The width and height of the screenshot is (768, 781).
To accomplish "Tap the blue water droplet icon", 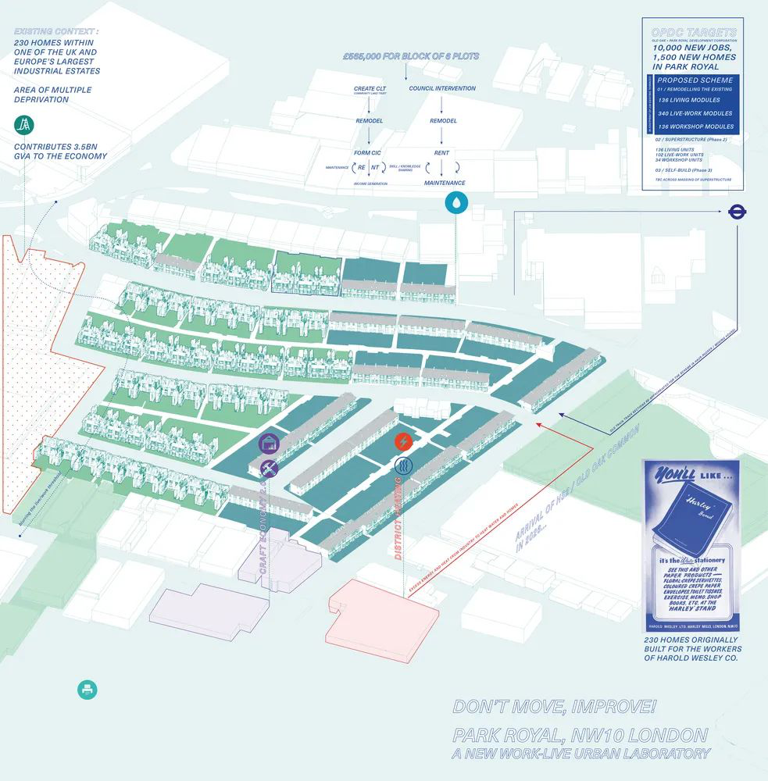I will [x=455, y=203].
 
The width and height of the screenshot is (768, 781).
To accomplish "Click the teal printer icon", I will [x=88, y=690].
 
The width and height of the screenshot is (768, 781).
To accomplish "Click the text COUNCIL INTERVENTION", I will [x=442, y=88].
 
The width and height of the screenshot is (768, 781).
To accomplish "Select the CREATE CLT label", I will [x=370, y=89].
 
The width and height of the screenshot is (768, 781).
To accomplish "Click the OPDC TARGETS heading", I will [x=695, y=33].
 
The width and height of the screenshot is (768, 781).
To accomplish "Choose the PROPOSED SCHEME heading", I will [x=695, y=80].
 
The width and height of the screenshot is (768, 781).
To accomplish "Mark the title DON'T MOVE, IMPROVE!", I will [x=555, y=708].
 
